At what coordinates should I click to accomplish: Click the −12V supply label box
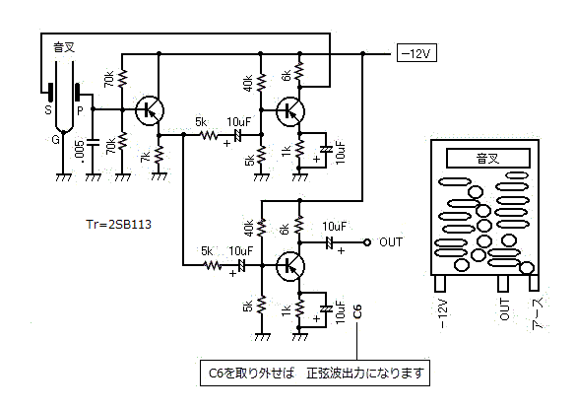(x=416, y=53)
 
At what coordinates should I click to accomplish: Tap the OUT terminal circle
(x=366, y=242)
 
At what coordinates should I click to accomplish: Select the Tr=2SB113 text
(x=118, y=225)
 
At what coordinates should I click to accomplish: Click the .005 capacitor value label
(x=80, y=151)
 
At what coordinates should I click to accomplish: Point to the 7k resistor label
(x=146, y=157)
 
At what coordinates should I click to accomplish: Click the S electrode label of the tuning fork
(x=48, y=109)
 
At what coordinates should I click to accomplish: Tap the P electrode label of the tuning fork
(x=80, y=110)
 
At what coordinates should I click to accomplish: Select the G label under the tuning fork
(x=55, y=140)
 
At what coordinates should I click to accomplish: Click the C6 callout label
(x=356, y=311)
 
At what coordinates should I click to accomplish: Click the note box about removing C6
(x=315, y=373)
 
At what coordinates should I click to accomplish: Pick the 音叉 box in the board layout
(x=488, y=158)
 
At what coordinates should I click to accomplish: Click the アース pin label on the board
(x=538, y=313)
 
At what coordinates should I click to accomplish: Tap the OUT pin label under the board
(x=504, y=309)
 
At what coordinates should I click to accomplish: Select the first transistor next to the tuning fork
(x=150, y=110)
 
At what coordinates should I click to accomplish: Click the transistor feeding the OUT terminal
(x=290, y=266)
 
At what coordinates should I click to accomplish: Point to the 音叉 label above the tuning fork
(x=64, y=47)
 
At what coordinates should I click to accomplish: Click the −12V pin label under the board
(x=443, y=314)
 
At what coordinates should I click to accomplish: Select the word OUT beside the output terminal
(x=391, y=241)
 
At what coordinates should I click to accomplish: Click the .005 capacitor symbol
(x=93, y=143)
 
